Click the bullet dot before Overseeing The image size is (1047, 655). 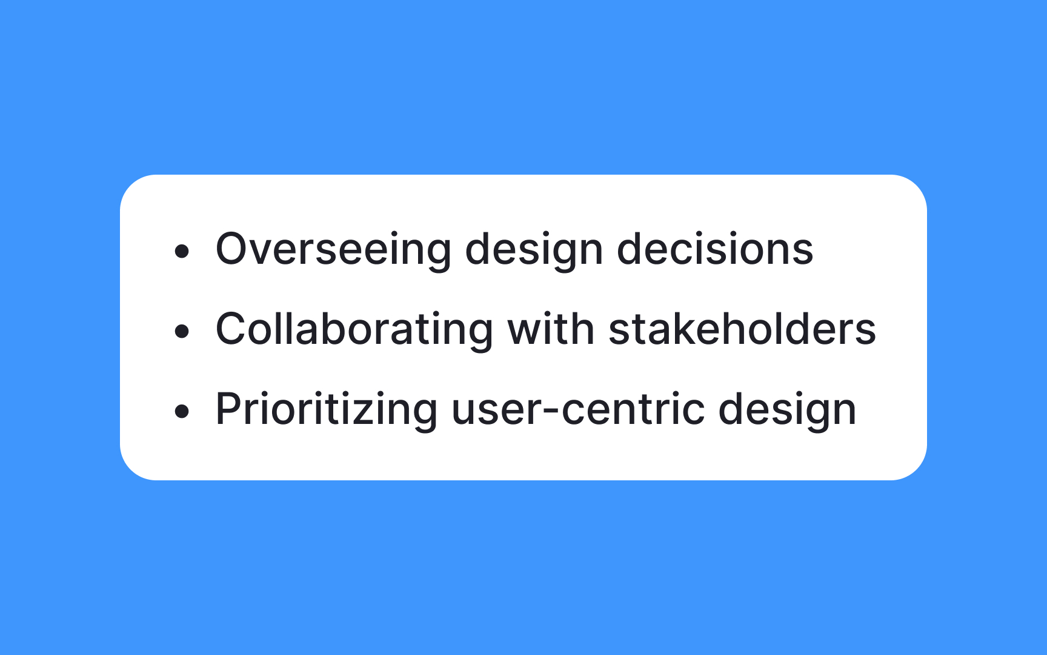pyautogui.click(x=182, y=251)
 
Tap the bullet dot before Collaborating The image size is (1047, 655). pyautogui.click(x=182, y=331)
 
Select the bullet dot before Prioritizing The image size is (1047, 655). pyautogui.click(x=182, y=411)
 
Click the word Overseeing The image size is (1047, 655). pyautogui.click(x=333, y=250)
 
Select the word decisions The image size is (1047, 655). pyautogui.click(x=714, y=250)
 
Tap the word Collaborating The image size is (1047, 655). pyautogui.click(x=354, y=330)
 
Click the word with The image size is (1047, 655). pyautogui.click(x=550, y=330)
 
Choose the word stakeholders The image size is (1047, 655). pyautogui.click(x=742, y=330)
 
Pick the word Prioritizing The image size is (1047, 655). pyautogui.click(x=326, y=410)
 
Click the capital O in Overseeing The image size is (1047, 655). pyautogui.click(x=234, y=249)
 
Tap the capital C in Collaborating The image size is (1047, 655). pyautogui.click(x=233, y=329)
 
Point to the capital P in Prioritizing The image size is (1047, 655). pyautogui.click(x=230, y=409)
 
